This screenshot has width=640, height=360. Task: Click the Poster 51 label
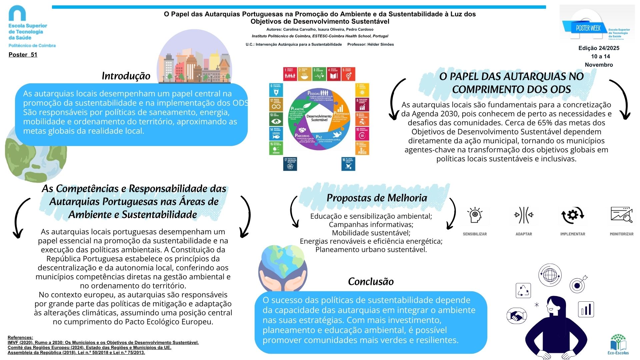click(x=23, y=55)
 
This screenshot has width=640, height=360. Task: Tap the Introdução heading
click(x=126, y=76)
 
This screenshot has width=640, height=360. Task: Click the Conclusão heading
click(x=371, y=282)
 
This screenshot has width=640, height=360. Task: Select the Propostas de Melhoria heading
click(x=377, y=198)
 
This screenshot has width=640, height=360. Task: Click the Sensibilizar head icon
click(x=475, y=215)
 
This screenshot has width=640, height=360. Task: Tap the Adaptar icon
click(x=524, y=215)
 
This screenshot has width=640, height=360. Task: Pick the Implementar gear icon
click(x=572, y=215)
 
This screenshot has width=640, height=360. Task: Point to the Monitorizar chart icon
click(x=621, y=215)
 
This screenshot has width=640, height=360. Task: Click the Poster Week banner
click(x=588, y=28)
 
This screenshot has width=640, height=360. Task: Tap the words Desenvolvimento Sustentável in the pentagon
click(x=319, y=118)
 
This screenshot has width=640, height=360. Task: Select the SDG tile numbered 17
click(x=290, y=164)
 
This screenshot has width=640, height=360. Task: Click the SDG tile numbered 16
click(x=348, y=164)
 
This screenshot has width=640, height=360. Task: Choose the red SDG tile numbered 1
click(x=290, y=74)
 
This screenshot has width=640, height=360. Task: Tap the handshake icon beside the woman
click(x=516, y=315)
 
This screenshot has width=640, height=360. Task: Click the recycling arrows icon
click(x=523, y=290)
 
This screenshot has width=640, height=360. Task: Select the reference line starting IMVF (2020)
click(x=103, y=343)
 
